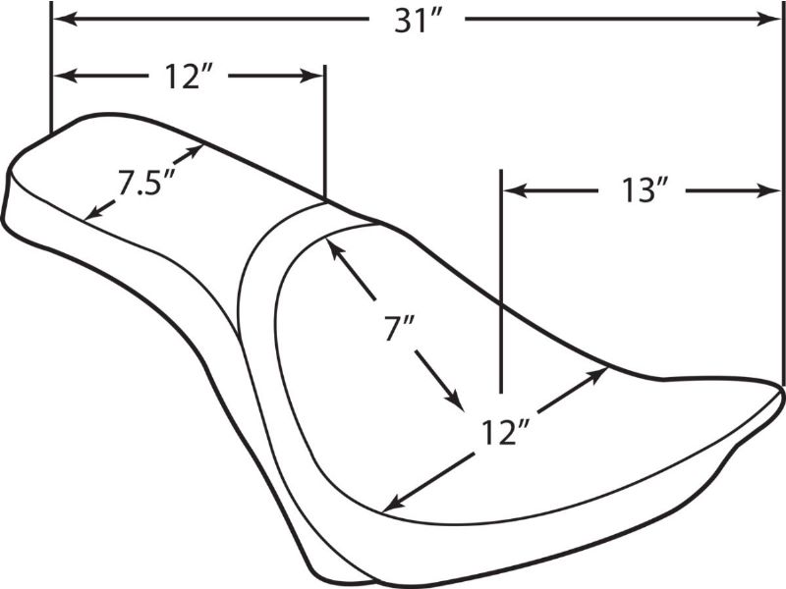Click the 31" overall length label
click(417, 22)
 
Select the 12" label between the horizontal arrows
click(189, 79)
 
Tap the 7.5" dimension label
click(145, 183)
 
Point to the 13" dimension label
click(646, 191)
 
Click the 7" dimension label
click(400, 330)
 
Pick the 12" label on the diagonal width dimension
click(505, 433)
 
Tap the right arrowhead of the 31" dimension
click(768, 20)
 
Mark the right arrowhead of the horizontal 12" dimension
click(311, 77)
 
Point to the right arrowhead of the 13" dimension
click(768, 190)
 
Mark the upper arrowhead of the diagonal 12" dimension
click(598, 374)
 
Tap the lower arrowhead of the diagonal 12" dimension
click(395, 504)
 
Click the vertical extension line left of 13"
click(501, 281)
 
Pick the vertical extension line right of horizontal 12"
click(325, 133)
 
